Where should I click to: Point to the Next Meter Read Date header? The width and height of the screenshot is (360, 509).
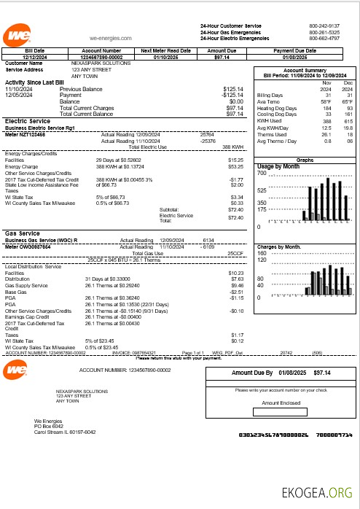pyautogui.click(x=165, y=50)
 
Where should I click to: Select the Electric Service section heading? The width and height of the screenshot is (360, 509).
pyautogui.click(x=27, y=121)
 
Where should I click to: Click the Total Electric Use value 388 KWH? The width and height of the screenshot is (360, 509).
pyautogui.click(x=232, y=147)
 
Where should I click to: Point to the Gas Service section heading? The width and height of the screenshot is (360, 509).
pyautogui.click(x=23, y=233)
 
